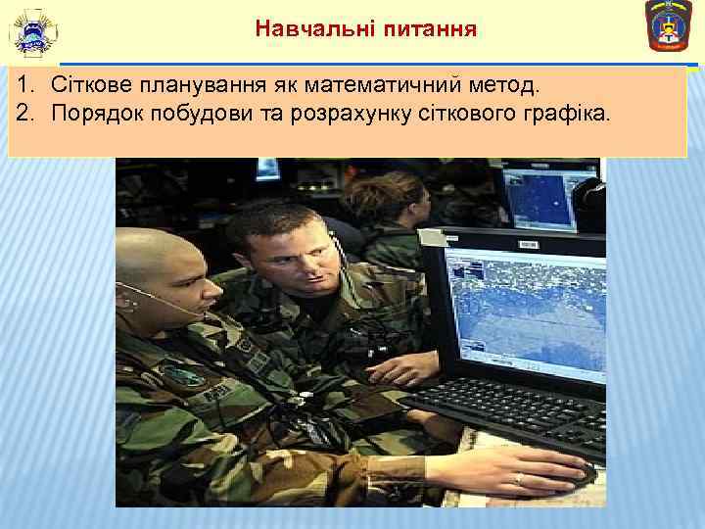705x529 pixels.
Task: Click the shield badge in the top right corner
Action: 670,26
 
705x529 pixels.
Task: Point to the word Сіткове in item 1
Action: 89,86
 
